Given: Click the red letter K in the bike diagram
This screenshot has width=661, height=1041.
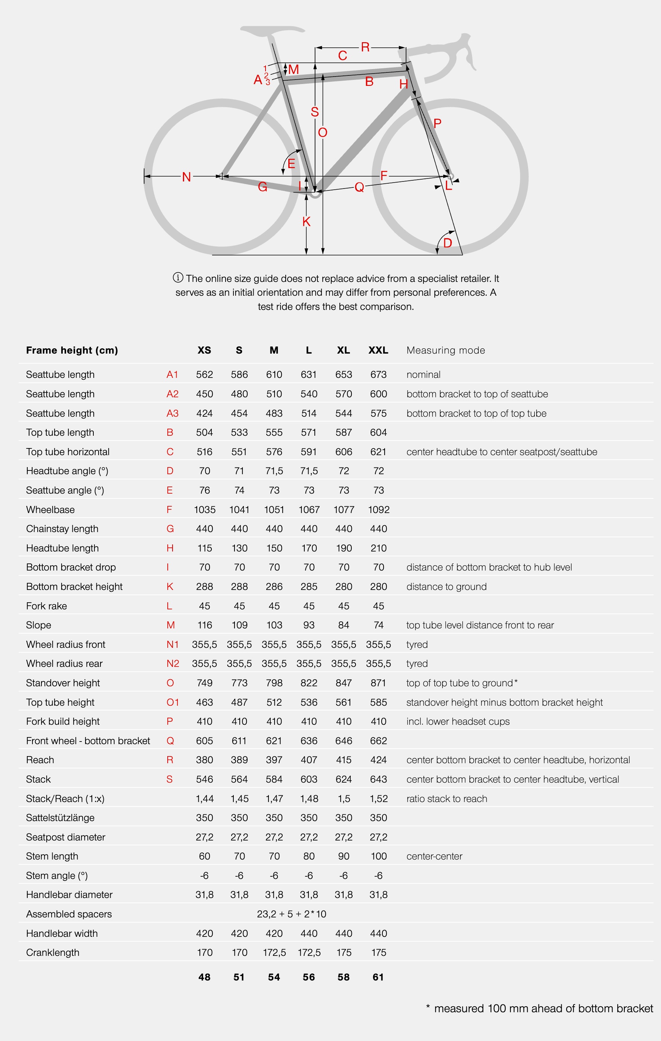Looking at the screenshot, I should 307,222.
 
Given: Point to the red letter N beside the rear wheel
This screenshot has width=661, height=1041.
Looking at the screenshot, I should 186,177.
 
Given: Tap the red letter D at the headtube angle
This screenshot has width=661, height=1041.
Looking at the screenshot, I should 447,243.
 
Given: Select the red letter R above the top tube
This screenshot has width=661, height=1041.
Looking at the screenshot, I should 365,47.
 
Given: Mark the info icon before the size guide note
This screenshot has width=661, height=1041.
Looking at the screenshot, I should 178,277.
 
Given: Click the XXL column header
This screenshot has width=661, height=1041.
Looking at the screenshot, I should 378,350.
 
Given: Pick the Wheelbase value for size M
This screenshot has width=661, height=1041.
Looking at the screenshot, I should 274,510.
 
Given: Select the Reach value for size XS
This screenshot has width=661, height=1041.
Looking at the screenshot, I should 205,760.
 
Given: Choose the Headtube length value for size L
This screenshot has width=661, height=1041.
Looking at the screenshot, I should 309,548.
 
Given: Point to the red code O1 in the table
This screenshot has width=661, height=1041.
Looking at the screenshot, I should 173,702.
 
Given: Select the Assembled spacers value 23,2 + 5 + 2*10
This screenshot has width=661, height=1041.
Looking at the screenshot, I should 291,914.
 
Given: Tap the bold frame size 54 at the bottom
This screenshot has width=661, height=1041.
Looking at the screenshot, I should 274,977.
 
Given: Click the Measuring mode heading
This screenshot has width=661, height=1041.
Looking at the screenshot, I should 446,350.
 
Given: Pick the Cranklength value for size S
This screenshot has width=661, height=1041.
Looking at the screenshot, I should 239,953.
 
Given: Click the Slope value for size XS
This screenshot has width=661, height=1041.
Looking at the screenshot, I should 205,625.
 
